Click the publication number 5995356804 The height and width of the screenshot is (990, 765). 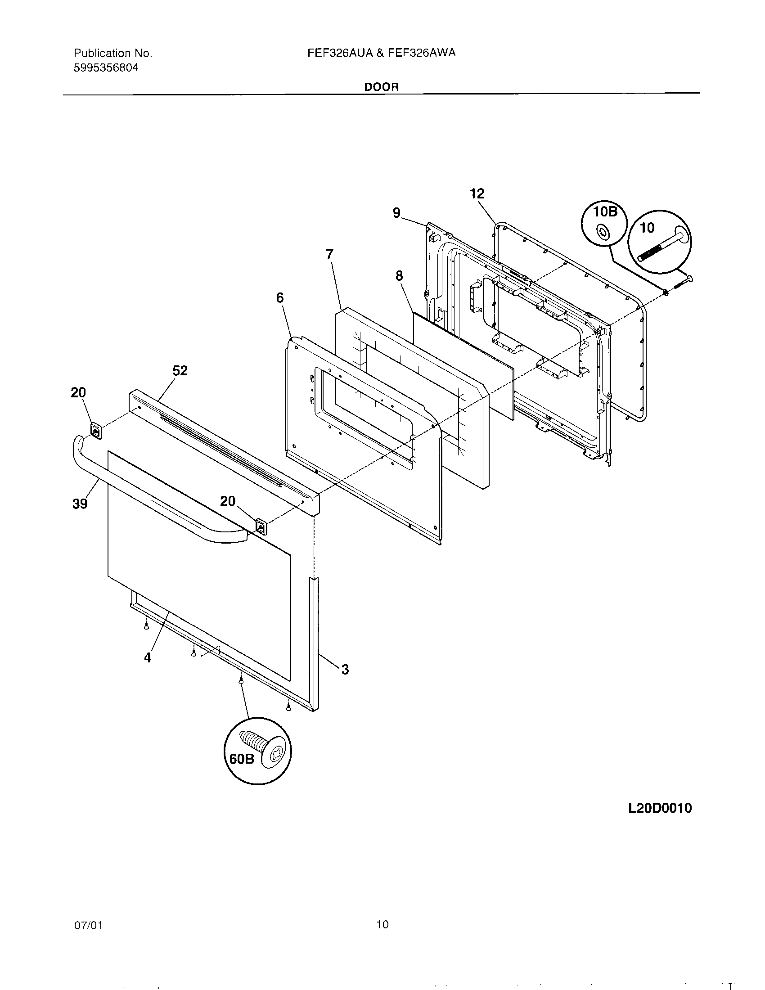coord(106,68)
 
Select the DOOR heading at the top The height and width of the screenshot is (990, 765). coord(382,87)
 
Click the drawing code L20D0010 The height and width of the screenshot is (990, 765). coord(660,808)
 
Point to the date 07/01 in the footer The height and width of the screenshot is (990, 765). coord(88,925)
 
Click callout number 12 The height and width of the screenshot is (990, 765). coord(477,194)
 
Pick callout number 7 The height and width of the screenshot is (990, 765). coord(329,254)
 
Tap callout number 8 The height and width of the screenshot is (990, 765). coord(399,275)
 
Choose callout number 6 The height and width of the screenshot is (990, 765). coord(279,298)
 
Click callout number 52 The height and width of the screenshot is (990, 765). coord(180,371)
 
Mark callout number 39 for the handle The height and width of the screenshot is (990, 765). coord(80,504)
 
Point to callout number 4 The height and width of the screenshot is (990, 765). coord(148,658)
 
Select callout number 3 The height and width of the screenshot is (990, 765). coord(345,669)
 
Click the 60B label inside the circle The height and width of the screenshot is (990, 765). coord(242,759)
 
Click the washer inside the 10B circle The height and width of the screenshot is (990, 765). coord(603,233)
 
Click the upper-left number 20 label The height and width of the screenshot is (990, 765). coord(78,392)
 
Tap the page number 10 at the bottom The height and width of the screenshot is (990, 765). coord(382,924)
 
